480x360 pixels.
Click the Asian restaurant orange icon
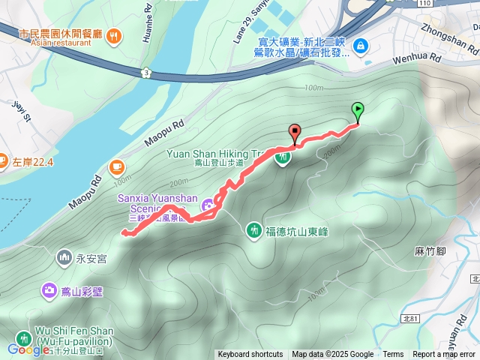[113, 34]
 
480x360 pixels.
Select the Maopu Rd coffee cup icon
[116, 166]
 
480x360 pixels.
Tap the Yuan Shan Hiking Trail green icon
[283, 158]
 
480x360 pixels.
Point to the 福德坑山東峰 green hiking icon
[255, 229]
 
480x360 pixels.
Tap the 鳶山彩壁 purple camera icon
[49, 289]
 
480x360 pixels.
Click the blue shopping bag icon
[361, 46]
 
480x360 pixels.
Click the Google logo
[28, 349]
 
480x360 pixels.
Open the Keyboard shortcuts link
[250, 355]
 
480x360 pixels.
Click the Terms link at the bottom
[393, 355]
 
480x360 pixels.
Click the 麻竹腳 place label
[430, 251]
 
